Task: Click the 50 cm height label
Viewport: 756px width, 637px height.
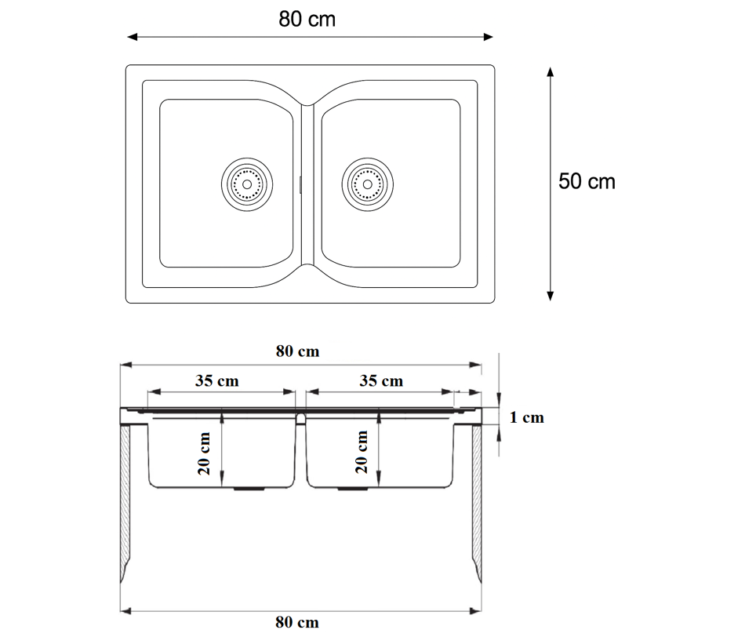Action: click(587, 182)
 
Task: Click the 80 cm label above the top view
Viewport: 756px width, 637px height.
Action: click(307, 20)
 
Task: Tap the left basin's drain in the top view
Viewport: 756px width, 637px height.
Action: click(247, 184)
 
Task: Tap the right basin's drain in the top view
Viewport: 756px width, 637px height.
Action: click(367, 184)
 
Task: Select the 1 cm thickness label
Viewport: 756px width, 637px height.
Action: click(526, 417)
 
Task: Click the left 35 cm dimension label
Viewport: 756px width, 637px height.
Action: click(217, 380)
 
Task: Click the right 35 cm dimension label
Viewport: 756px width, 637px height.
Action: click(381, 380)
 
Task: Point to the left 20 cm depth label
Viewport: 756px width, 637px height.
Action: click(204, 453)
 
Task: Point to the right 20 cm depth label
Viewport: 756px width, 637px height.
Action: click(362, 452)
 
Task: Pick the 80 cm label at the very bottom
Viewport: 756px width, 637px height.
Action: click(297, 622)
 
